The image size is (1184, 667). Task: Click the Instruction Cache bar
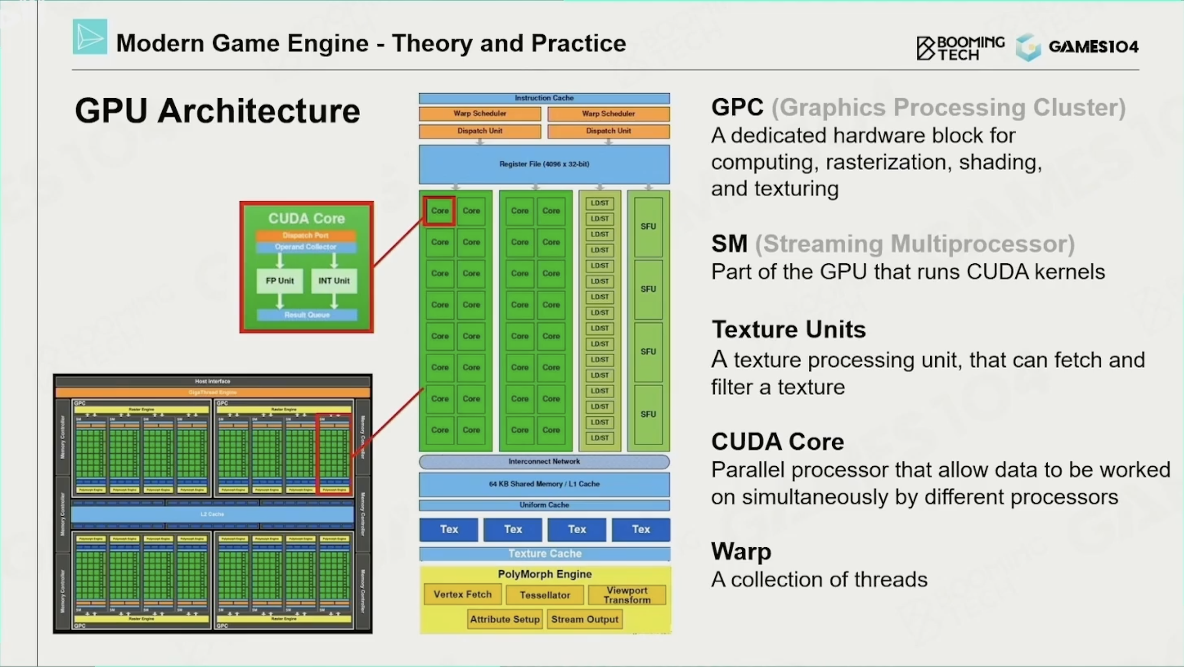pyautogui.click(x=544, y=98)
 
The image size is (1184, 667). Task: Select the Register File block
pyautogui.click(x=544, y=164)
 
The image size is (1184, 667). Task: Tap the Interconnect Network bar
pyautogui.click(x=544, y=461)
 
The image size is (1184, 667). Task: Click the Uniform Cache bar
pyautogui.click(x=544, y=505)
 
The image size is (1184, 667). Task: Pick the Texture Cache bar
pyautogui.click(x=545, y=554)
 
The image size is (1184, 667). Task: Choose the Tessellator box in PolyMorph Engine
pyautogui.click(x=545, y=595)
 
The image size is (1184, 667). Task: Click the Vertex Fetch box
pyautogui.click(x=462, y=594)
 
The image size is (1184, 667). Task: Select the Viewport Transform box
pyautogui.click(x=627, y=595)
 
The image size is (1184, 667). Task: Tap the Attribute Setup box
pyautogui.click(x=505, y=620)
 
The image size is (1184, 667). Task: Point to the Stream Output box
pyautogui.click(x=585, y=620)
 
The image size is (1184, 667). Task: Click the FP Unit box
pyautogui.click(x=280, y=281)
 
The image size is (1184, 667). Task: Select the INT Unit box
pyautogui.click(x=334, y=281)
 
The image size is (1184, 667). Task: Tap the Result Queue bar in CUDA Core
pyautogui.click(x=307, y=315)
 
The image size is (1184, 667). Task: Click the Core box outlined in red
pyautogui.click(x=440, y=211)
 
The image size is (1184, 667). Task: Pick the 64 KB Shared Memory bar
pyautogui.click(x=544, y=484)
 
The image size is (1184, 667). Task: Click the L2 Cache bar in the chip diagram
pyautogui.click(x=213, y=514)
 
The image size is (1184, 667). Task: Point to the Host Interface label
pyautogui.click(x=213, y=381)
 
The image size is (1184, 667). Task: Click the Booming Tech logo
pyautogui.click(x=961, y=48)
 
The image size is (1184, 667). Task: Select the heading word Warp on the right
pyautogui.click(x=741, y=552)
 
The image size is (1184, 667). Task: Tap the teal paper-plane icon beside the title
pyautogui.click(x=90, y=37)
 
